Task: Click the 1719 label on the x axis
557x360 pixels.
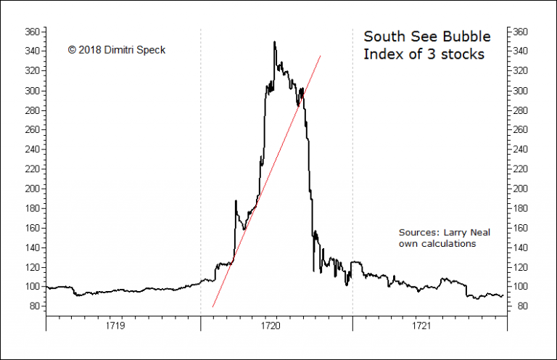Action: [x=115, y=327]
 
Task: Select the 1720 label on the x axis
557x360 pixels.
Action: [x=268, y=327]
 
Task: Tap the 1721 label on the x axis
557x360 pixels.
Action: [x=421, y=327]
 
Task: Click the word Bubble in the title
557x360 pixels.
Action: [x=466, y=36]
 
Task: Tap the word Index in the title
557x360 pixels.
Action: [x=381, y=55]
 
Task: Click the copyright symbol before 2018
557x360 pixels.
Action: [x=72, y=49]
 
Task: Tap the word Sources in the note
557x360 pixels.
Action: [x=418, y=233]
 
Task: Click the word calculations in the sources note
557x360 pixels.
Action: [x=448, y=244]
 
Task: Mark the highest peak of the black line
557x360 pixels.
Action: [x=274, y=42]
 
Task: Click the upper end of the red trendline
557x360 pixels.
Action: [x=321, y=55]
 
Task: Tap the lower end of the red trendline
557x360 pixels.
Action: [x=213, y=306]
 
